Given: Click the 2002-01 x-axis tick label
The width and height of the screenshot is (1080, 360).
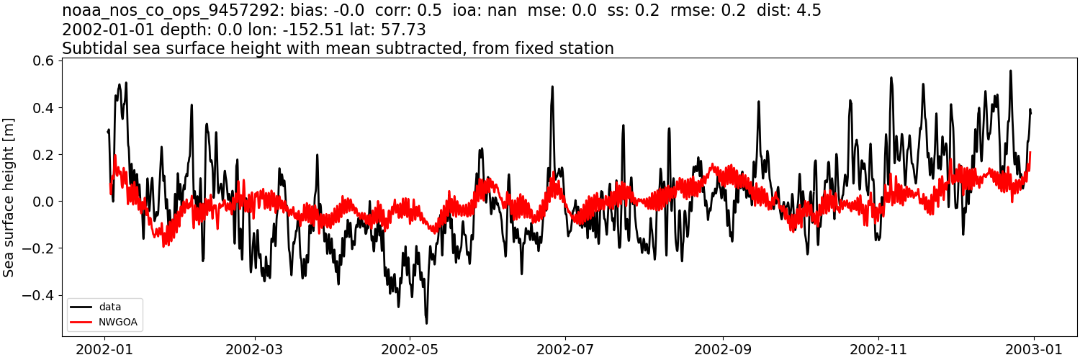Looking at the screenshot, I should tap(105, 348).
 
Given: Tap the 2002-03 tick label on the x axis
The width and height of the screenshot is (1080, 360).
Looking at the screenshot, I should tap(255, 348).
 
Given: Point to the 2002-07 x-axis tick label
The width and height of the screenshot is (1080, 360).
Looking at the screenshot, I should tap(565, 348).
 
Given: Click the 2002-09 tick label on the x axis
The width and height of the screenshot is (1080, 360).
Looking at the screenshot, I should tap(722, 348).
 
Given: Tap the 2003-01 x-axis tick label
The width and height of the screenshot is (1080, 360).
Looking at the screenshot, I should tap(1033, 348).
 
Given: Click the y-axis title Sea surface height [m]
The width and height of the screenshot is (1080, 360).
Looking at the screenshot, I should tap(9, 197).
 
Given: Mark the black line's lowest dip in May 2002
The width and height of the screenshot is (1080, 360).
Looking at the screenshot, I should tap(426, 323).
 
